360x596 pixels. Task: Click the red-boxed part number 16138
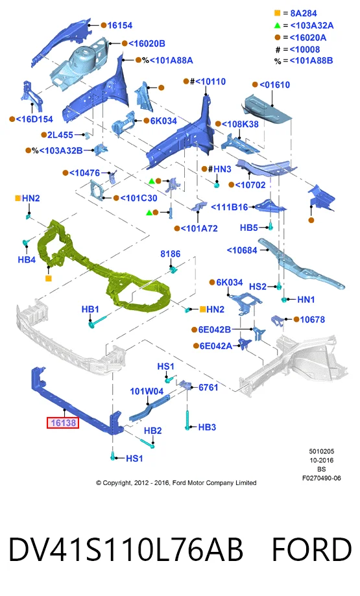[63, 423]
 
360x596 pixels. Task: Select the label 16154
[120, 25]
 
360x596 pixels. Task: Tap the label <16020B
[147, 43]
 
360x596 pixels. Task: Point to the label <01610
[274, 85]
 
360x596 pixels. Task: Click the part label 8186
[171, 254]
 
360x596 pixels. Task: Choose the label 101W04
[147, 391]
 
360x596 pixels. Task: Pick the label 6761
[208, 387]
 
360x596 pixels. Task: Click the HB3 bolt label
[207, 427]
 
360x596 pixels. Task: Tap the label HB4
[27, 259]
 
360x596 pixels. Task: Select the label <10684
[242, 250]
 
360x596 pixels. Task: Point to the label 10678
[313, 320]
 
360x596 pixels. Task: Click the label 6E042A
[215, 346]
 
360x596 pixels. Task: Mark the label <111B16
[229, 207]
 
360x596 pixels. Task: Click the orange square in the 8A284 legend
[277, 14]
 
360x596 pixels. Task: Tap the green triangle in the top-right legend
[277, 25]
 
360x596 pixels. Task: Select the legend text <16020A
[308, 38]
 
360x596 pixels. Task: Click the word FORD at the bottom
[312, 549]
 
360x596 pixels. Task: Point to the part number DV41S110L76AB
[125, 549]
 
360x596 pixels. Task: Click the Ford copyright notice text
[176, 483]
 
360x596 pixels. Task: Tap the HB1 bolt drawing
[99, 320]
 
